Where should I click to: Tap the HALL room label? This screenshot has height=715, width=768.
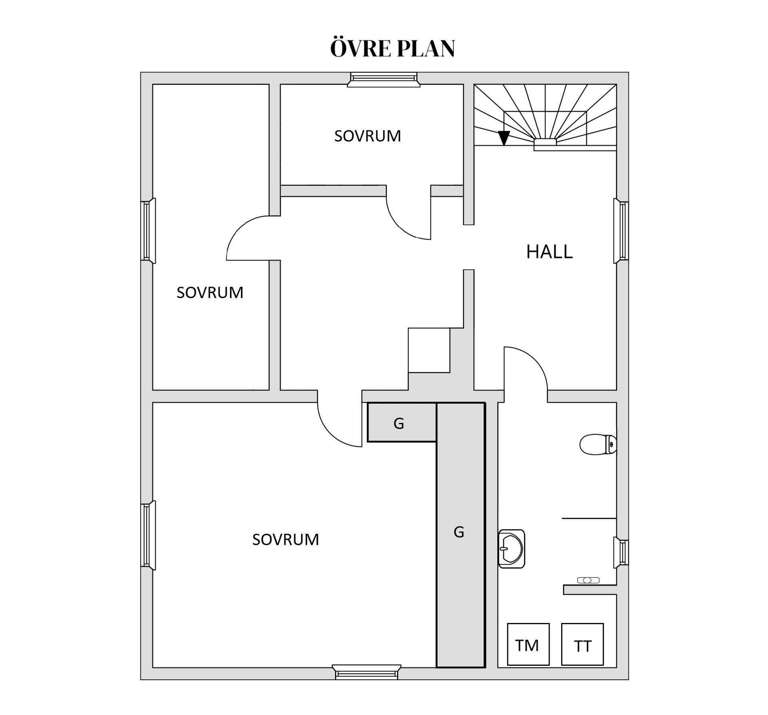coord(549,252)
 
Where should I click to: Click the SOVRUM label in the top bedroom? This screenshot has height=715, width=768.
coord(368,136)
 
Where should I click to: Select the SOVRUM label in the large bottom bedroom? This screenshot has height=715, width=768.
coord(286,539)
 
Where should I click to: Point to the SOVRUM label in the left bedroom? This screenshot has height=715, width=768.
coord(210,292)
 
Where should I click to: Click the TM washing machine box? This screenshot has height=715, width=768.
coord(528,644)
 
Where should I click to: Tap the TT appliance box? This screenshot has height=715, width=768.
coord(582,644)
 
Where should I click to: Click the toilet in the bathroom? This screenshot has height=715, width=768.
coord(598,445)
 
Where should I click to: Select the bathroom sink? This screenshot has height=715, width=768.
coord(511,549)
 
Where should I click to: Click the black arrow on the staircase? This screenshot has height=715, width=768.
coord(504,138)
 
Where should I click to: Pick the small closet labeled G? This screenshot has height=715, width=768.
coord(402,422)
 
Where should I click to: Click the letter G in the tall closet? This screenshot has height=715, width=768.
coord(459,532)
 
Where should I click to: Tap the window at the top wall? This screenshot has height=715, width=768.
coord(384,79)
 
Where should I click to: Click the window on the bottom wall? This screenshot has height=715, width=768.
coord(366,672)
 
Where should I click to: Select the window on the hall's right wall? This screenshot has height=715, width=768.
coord(621,231)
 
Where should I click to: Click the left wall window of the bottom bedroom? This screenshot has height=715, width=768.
coord(148,535)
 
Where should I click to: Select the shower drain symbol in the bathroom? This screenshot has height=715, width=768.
coord(588,580)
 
